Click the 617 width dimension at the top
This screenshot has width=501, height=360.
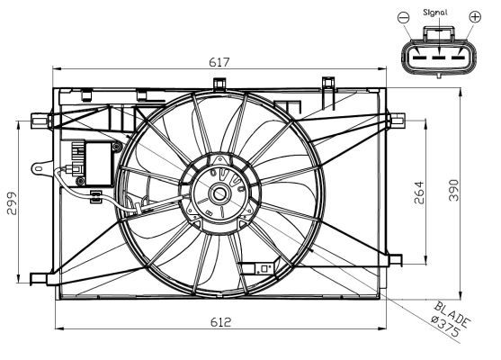(x=220, y=62)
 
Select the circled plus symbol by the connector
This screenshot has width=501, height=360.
(x=475, y=17)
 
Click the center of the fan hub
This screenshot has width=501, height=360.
(x=220, y=193)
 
